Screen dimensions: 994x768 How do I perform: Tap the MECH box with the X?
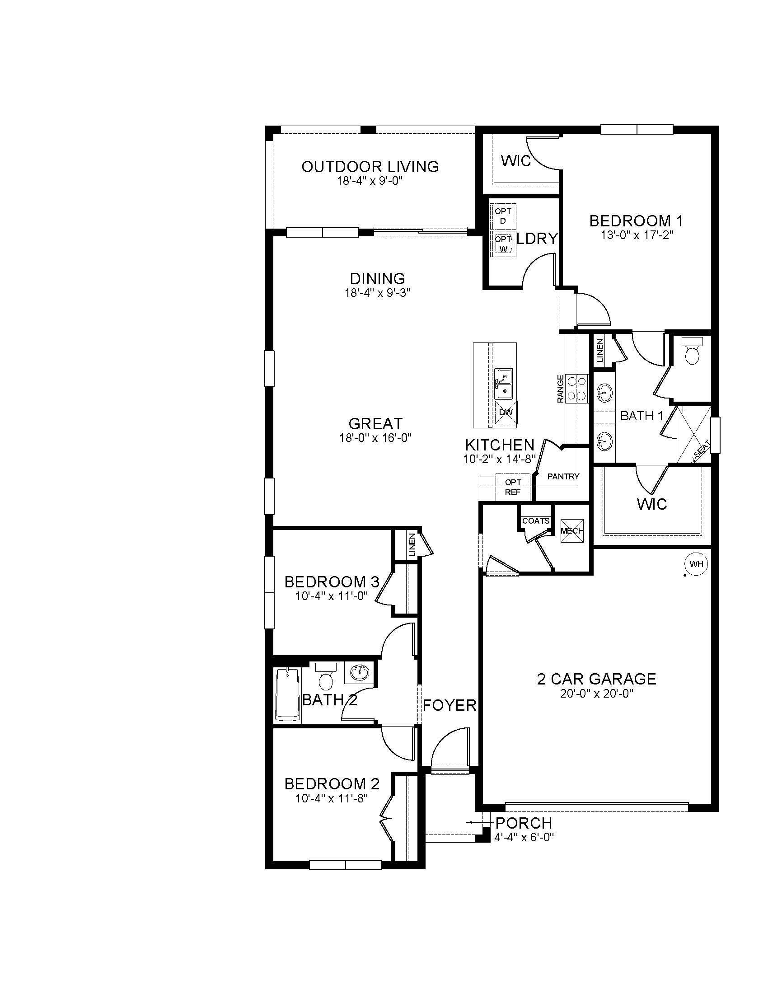point(571,531)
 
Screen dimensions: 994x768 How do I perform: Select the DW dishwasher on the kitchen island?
point(506,413)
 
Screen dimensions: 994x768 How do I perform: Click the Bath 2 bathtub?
point(287,694)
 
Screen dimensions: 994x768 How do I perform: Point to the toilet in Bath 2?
point(325,678)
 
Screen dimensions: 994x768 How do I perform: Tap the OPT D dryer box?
point(503,216)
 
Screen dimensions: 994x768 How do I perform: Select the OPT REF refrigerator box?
point(513,487)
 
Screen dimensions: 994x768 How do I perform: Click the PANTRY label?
point(563,477)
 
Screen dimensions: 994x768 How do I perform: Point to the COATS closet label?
point(536,520)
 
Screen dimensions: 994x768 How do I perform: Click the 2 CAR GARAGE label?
point(596,679)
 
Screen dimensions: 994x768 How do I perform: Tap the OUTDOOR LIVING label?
point(370,167)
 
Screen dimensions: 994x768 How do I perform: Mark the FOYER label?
point(450,705)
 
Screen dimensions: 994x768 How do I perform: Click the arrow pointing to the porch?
point(471,822)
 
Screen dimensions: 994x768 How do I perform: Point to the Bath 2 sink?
point(359,672)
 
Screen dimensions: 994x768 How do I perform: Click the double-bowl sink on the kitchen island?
point(503,384)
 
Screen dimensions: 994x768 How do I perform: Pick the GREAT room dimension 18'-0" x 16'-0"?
point(375,438)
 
